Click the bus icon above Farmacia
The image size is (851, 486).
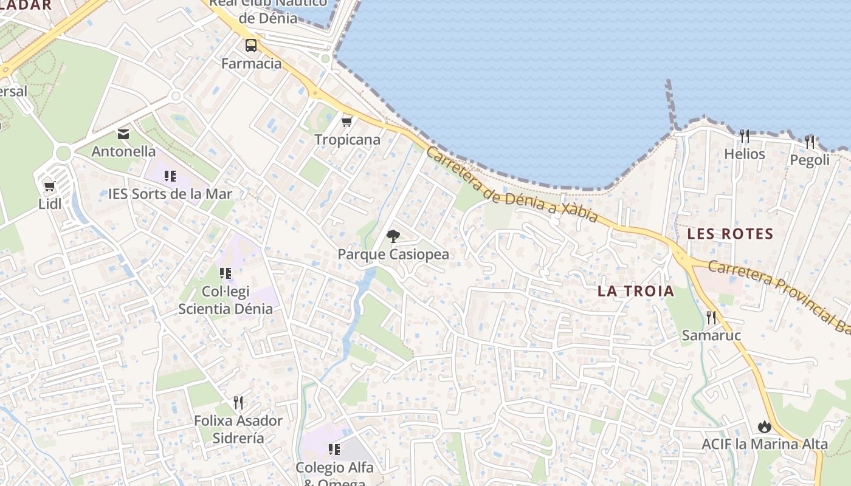250,46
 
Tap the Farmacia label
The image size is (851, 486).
252,63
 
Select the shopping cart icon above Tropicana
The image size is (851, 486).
347,122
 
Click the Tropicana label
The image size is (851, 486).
347,140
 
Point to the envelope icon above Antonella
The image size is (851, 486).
123,134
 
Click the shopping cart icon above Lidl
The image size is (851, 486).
49,186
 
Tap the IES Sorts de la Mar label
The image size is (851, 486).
170,194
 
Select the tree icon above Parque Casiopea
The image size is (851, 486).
393,236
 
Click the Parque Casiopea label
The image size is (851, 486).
393,254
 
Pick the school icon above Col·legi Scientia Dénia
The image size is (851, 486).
226,273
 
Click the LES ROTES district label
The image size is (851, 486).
730,234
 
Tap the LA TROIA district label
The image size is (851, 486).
636,291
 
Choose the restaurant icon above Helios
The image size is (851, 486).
744,135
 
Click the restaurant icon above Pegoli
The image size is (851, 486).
809,142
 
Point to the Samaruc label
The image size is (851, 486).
711,335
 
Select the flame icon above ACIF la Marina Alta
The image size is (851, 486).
765,426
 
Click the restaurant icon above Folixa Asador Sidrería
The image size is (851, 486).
238,402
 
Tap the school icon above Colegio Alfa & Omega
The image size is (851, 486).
334,450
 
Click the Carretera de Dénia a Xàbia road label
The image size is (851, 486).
511,185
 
